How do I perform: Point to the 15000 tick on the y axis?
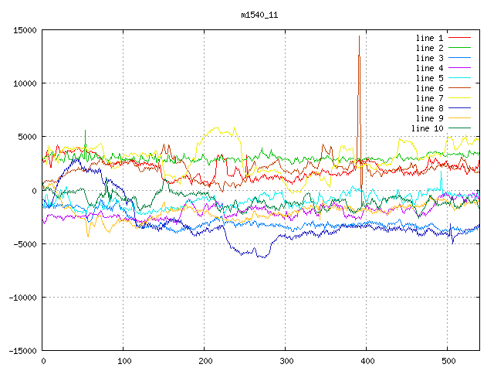tap(25, 30)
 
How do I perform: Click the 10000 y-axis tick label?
tap(25, 83)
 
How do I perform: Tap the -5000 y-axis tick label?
tap(25, 243)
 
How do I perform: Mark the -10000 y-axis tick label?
tap(23, 297)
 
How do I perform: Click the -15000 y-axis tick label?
tap(23, 350)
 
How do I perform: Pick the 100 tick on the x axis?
tap(123, 361)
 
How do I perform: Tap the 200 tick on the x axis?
tap(205, 361)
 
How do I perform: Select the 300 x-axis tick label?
tap(286, 361)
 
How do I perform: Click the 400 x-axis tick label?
tap(367, 361)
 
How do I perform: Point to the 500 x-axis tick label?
tap(448, 361)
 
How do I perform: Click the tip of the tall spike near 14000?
tap(359, 36)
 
